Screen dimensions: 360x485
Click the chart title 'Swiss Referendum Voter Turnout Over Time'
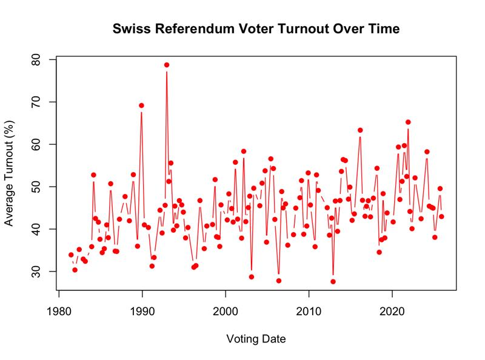coord(256,28)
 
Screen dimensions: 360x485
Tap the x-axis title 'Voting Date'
coord(256,338)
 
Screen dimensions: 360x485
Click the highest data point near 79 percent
coord(167,65)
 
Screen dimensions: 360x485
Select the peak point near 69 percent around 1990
coord(141,105)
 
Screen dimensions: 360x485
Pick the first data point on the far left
coord(71,255)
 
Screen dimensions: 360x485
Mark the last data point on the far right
coord(441,216)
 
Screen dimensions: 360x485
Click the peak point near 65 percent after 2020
coord(408,122)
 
